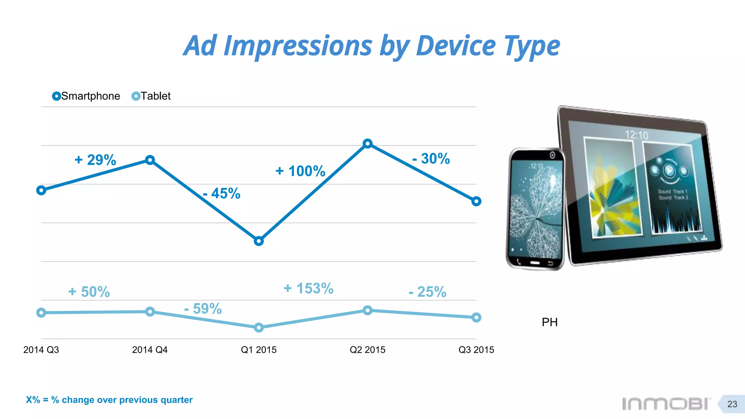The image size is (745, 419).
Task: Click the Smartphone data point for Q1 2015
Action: tap(259, 241)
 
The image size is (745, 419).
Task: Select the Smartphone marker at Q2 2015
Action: tap(367, 144)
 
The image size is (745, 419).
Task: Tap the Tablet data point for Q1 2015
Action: tap(259, 328)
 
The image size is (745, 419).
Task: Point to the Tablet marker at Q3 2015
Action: tap(476, 318)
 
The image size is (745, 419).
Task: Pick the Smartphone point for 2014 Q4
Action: tap(150, 160)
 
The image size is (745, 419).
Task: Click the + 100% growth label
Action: tap(300, 171)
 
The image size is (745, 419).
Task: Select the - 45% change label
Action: tap(222, 193)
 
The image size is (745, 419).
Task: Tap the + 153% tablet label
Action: tap(308, 288)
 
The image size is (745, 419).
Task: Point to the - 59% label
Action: tap(203, 309)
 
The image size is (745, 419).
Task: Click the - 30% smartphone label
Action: tap(431, 159)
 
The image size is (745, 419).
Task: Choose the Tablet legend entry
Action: tap(151, 96)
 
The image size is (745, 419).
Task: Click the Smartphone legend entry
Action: tap(86, 96)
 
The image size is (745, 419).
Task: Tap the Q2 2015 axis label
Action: tap(367, 350)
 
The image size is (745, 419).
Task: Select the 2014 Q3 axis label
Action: tap(41, 350)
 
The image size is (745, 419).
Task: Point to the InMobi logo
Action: tap(665, 404)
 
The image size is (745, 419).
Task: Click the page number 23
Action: tap(732, 404)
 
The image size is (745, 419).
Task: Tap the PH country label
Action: tap(549, 322)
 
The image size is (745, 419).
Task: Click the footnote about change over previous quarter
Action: tap(109, 400)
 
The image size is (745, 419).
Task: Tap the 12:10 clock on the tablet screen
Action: tap(636, 135)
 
